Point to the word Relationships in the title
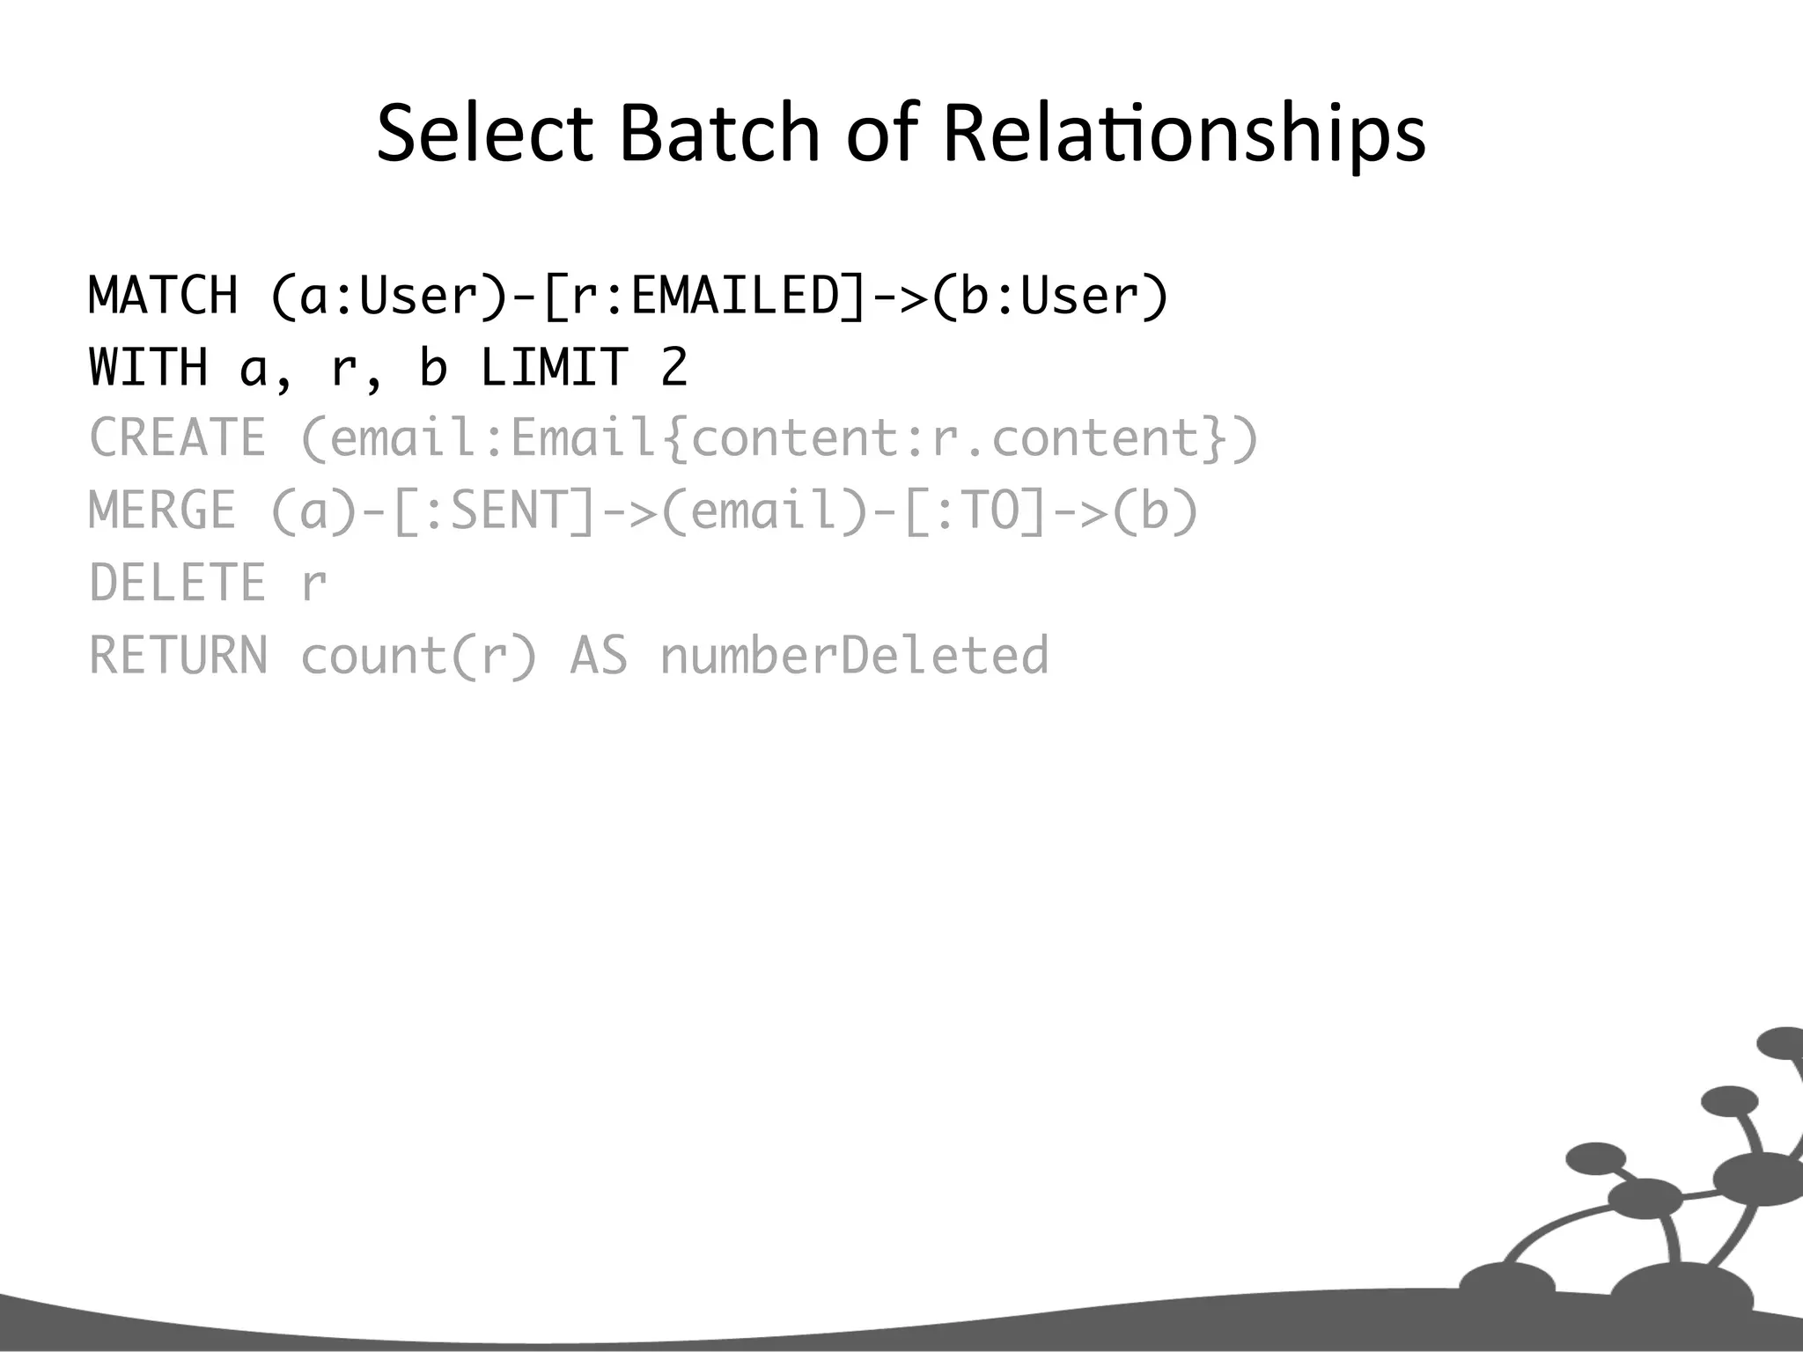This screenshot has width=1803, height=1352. [1183, 134]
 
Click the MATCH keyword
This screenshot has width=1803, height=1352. [164, 295]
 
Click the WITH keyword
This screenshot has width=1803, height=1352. [149, 367]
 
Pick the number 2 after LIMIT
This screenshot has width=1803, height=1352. [674, 367]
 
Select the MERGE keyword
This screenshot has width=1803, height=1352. [163, 511]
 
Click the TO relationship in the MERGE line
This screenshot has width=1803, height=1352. [990, 511]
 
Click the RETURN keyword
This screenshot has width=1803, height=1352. [178, 656]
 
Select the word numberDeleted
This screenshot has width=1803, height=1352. [854, 656]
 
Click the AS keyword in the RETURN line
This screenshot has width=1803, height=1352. [599, 656]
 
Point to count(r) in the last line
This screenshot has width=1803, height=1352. [419, 656]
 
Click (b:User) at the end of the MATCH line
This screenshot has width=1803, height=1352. [1049, 295]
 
